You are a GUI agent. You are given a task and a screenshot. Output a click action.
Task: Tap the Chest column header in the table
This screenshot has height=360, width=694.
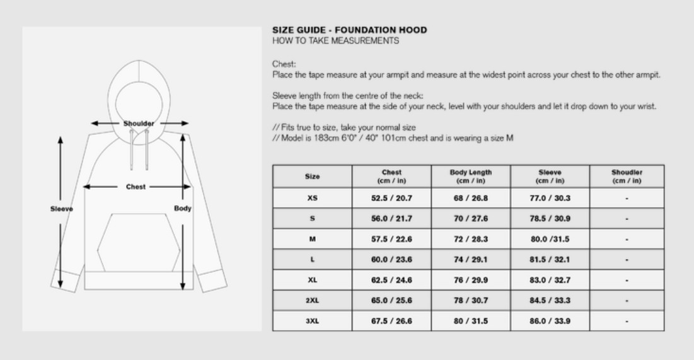[x=391, y=177]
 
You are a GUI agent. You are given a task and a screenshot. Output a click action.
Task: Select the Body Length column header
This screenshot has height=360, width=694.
[x=470, y=177]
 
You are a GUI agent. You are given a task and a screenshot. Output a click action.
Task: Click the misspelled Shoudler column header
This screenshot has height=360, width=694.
[x=627, y=177]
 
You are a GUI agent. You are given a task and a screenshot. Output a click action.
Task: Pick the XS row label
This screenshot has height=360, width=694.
[x=312, y=198]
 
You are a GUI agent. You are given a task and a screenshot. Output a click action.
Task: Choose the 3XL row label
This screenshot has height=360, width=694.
[x=312, y=321]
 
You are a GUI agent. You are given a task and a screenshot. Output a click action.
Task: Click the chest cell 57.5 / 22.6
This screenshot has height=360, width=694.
[x=391, y=240]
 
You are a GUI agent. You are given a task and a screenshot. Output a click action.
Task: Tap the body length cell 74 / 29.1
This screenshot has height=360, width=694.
[x=470, y=260]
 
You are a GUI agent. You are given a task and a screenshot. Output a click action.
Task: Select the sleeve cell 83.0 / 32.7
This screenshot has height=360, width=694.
[x=550, y=280]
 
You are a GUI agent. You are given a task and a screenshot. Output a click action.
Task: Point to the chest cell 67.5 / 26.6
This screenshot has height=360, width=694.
[x=391, y=321]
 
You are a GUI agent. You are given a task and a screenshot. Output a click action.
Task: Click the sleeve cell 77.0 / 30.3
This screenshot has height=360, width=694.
[x=550, y=198]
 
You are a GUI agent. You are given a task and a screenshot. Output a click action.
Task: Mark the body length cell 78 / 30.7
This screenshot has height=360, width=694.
[x=470, y=301]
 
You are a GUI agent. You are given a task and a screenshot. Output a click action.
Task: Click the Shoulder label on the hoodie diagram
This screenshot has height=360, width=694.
[x=139, y=124]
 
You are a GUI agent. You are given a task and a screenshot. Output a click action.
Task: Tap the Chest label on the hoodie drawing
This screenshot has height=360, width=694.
[x=136, y=187]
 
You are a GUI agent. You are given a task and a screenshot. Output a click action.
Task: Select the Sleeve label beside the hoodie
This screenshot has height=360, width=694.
[x=62, y=209]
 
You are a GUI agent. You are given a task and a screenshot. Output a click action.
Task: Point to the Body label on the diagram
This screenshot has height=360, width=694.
[x=183, y=208]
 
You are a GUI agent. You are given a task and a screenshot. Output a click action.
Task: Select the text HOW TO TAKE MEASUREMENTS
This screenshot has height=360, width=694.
[x=335, y=41]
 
